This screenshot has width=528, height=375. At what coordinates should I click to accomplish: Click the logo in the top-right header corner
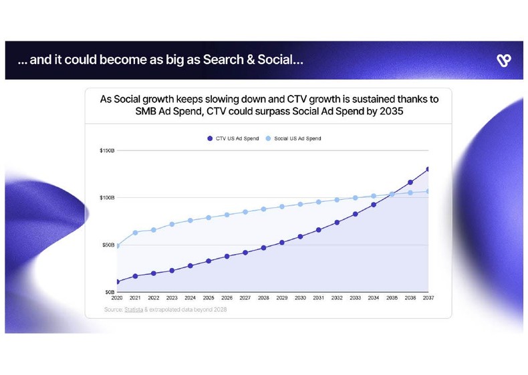pyautogui.click(x=503, y=61)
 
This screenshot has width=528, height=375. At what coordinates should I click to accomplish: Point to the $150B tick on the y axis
pyautogui.click(x=107, y=150)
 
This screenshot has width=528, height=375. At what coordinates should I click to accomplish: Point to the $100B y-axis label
pyautogui.click(x=107, y=198)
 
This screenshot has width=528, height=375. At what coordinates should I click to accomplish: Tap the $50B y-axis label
pyautogui.click(x=108, y=245)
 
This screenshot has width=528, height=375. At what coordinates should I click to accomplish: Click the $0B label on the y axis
pyautogui.click(x=110, y=292)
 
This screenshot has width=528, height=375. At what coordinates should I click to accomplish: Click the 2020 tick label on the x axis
pyautogui.click(x=118, y=298)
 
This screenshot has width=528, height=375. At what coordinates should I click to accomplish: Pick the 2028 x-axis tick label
pyautogui.click(x=263, y=298)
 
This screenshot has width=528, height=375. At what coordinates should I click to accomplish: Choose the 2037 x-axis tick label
pyautogui.click(x=428, y=298)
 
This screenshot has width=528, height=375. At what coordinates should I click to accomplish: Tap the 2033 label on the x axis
pyautogui.click(x=355, y=298)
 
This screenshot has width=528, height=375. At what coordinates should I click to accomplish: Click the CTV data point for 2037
pyautogui.click(x=428, y=169)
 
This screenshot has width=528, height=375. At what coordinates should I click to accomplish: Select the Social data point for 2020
pyautogui.click(x=118, y=246)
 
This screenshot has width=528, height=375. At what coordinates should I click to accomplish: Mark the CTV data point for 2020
pyautogui.click(x=118, y=282)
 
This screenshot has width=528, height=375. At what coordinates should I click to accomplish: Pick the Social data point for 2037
pyautogui.click(x=428, y=191)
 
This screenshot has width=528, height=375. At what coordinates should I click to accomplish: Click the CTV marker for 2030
pyautogui.click(x=300, y=237)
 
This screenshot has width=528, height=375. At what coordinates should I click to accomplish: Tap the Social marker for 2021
pyautogui.click(x=136, y=233)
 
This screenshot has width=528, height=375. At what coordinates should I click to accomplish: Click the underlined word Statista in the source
pyautogui.click(x=134, y=309)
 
